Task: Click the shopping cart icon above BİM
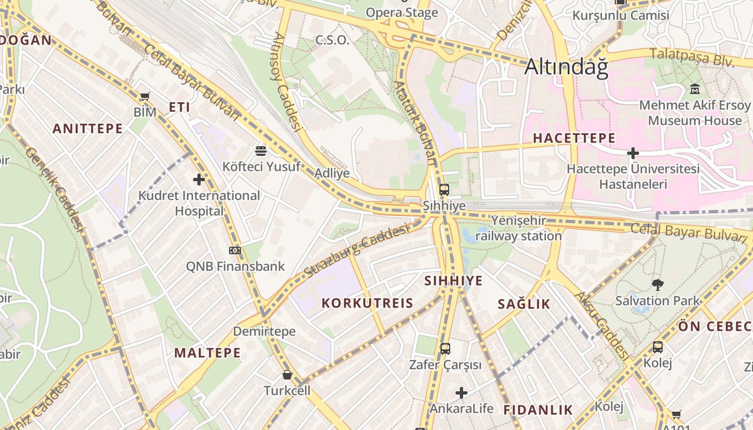click(144, 97)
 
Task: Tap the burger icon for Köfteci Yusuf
click(261, 150)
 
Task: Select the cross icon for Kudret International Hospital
click(199, 180)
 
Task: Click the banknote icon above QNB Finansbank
click(235, 250)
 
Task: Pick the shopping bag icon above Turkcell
click(287, 375)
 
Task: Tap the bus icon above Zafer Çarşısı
click(445, 349)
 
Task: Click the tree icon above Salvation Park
click(657, 285)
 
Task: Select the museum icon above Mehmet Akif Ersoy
click(694, 89)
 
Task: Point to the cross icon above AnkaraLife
click(461, 393)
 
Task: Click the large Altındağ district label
click(566, 67)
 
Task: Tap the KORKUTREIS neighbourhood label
click(367, 303)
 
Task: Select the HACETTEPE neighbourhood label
click(574, 138)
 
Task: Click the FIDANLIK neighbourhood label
click(538, 410)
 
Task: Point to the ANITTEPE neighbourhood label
click(88, 128)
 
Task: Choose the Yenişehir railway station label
click(518, 228)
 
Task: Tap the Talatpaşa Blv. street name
click(692, 57)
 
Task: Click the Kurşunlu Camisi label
click(621, 15)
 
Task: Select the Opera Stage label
click(402, 12)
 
